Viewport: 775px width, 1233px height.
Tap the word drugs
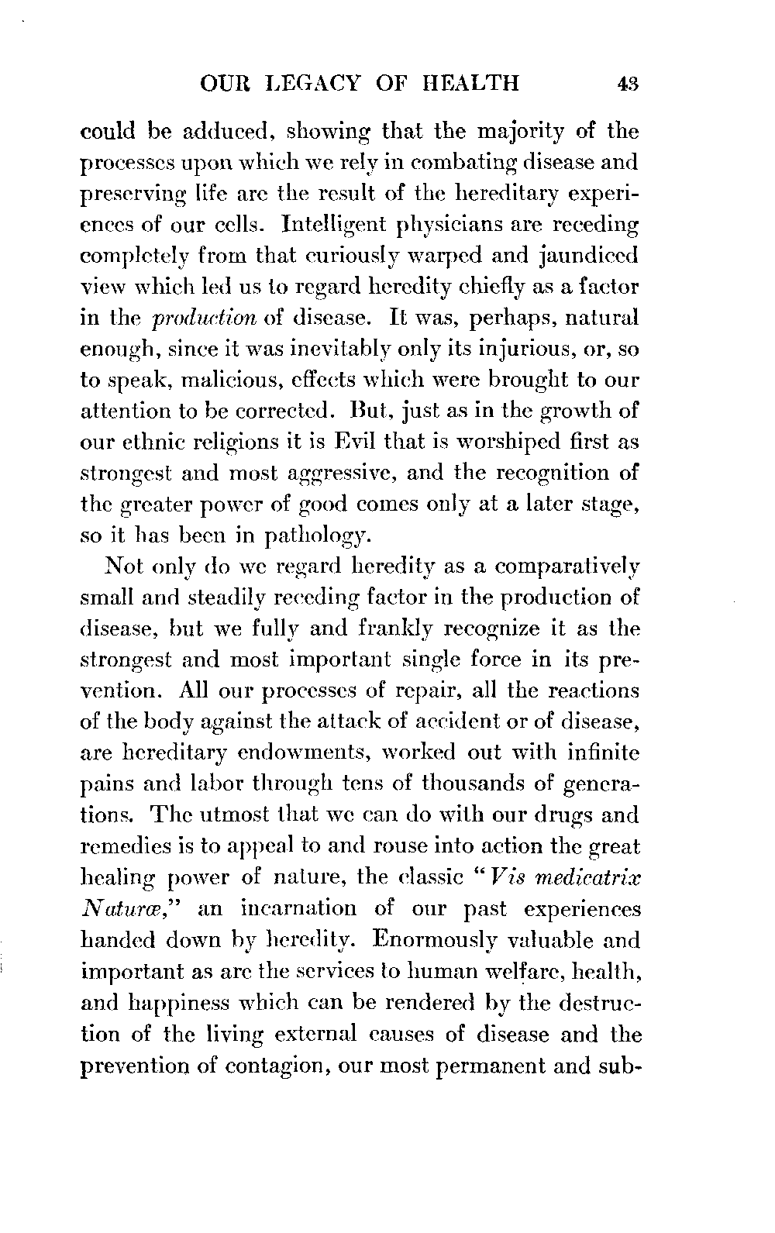(x=573, y=815)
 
